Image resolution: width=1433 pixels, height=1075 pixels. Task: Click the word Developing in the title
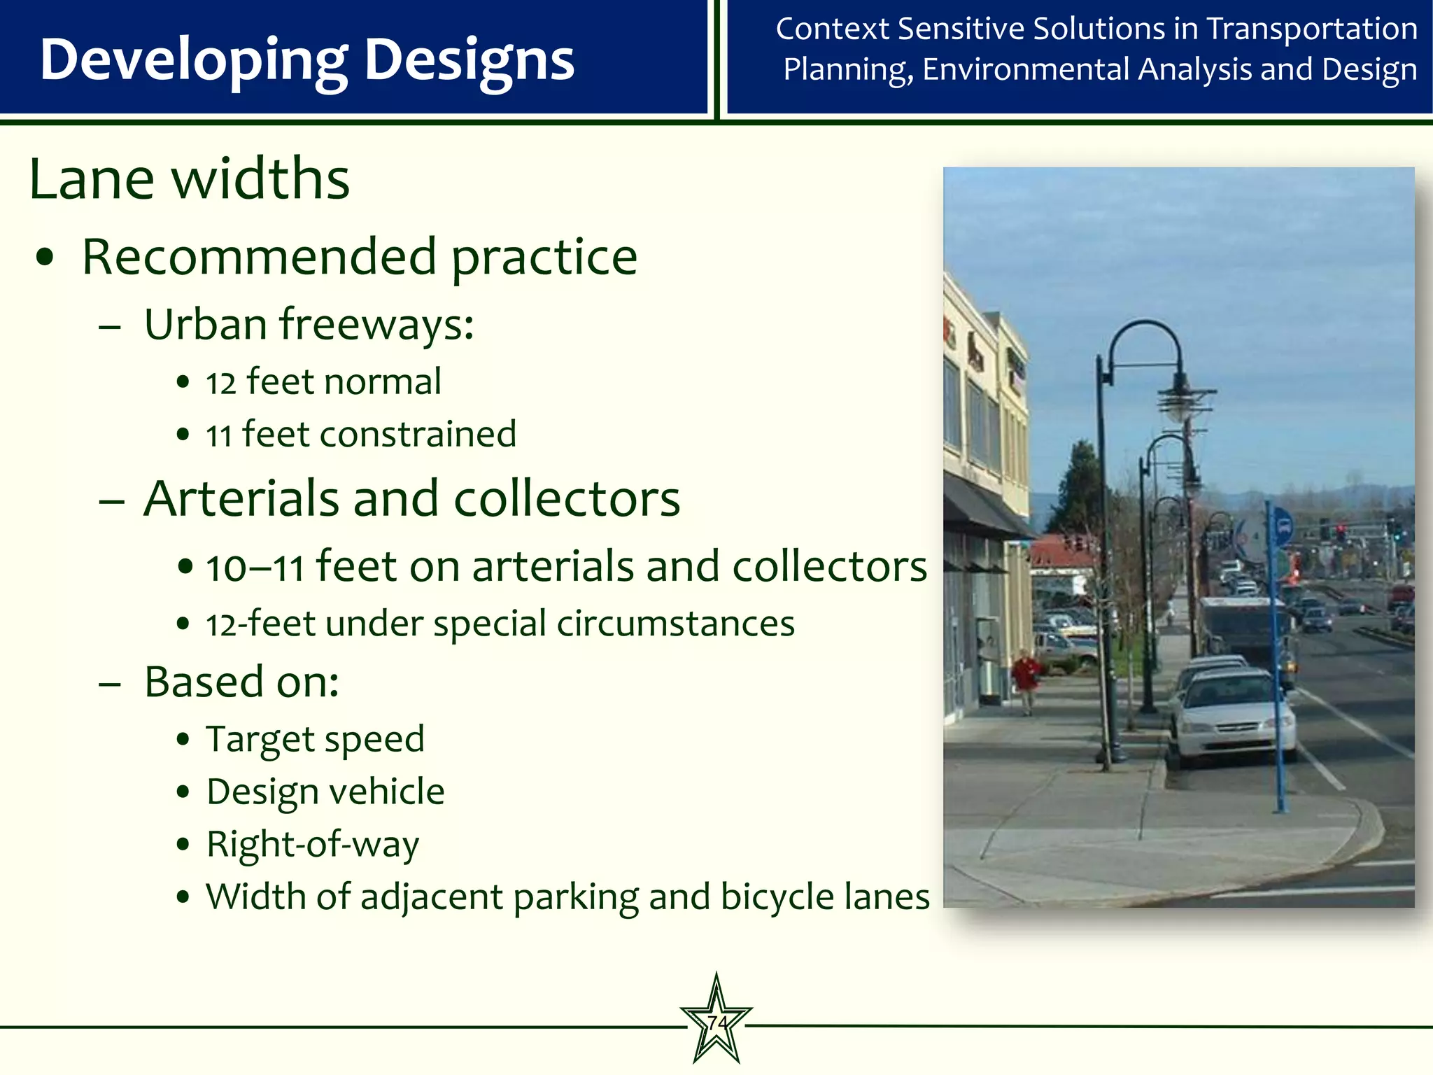[193, 60]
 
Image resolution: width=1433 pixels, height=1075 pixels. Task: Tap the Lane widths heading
[189, 179]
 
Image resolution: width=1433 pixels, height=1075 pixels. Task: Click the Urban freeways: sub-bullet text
[309, 325]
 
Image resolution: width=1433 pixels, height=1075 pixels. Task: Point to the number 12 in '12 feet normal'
[220, 384]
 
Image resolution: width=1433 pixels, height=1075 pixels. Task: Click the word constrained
[418, 435]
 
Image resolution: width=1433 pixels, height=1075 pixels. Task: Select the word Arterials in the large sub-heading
[241, 499]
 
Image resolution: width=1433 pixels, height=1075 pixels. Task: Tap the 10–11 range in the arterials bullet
[255, 568]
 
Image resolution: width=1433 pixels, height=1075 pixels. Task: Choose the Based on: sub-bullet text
[241, 682]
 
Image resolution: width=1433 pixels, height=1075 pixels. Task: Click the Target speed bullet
[315, 740]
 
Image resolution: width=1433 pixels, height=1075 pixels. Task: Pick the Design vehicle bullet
[325, 792]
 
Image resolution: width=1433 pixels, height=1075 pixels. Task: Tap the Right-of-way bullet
[312, 845]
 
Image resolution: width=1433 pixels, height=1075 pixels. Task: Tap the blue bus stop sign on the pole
[1283, 526]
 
